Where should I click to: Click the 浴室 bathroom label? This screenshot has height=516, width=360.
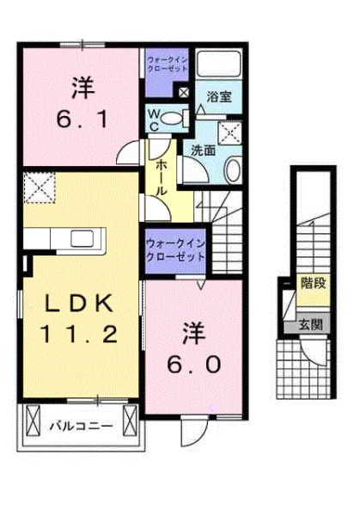[219, 96]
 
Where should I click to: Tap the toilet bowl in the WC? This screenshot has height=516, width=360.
[172, 118]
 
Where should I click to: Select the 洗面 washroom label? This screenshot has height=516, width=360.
[204, 150]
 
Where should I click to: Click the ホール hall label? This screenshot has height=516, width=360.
[161, 178]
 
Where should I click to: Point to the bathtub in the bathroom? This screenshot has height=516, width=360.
[218, 64]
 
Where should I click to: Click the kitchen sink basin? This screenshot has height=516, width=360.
[82, 237]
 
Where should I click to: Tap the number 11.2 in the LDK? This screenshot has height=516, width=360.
[78, 334]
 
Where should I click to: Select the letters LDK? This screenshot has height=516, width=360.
[79, 304]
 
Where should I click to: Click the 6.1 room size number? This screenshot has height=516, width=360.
[82, 120]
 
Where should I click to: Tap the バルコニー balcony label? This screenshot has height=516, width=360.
[82, 427]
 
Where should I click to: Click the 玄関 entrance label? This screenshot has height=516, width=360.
[310, 325]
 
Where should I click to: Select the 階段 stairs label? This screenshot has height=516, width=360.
[314, 283]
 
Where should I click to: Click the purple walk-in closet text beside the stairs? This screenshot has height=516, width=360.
[175, 250]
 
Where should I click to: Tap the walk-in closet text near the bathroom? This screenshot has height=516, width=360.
[168, 64]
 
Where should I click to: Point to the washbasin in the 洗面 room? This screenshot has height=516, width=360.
[233, 169]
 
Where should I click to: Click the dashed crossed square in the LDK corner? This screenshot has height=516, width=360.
[40, 187]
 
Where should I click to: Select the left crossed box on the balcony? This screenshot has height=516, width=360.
[34, 421]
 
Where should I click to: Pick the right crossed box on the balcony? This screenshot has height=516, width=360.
[130, 421]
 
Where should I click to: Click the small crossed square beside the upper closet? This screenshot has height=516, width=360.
[184, 93]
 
